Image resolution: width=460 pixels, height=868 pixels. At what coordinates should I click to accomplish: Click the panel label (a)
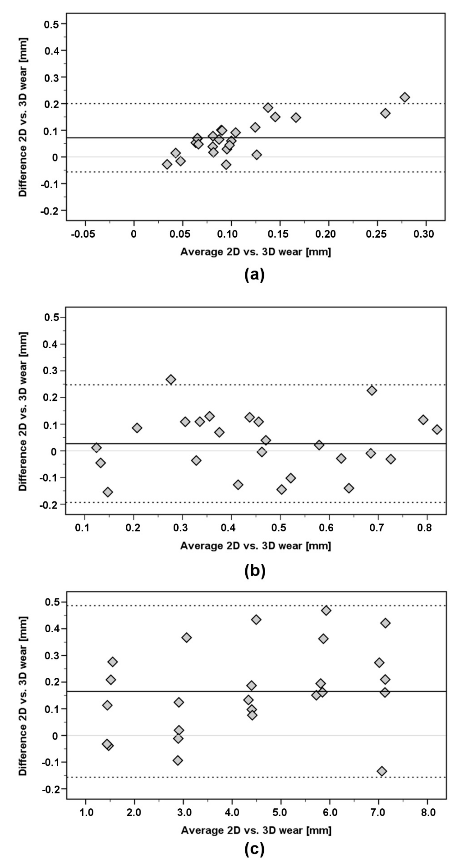tap(254, 275)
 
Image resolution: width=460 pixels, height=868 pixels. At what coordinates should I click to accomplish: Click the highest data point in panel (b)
tap(171, 379)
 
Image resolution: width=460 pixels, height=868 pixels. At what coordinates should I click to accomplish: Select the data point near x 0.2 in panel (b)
tap(137, 428)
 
